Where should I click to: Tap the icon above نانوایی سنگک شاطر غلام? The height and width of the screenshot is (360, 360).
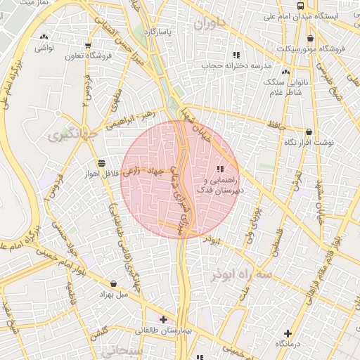coord(285,71)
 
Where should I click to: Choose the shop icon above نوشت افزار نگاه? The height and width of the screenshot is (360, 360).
coord(309,131)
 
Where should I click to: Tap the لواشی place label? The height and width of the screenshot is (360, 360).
coord(44,47)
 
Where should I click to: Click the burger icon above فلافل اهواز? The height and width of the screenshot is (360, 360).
coord(102,162)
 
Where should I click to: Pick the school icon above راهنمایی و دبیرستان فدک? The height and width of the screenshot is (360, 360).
coord(220,169)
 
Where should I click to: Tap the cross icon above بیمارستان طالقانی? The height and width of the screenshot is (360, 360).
coord(163,320)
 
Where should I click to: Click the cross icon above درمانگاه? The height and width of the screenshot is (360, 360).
coord(288,333)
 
